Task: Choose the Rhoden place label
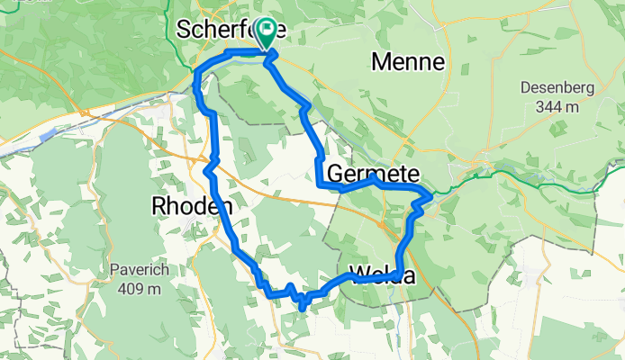(192, 206)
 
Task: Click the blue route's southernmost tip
(303, 309)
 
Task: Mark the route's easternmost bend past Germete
(430, 193)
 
